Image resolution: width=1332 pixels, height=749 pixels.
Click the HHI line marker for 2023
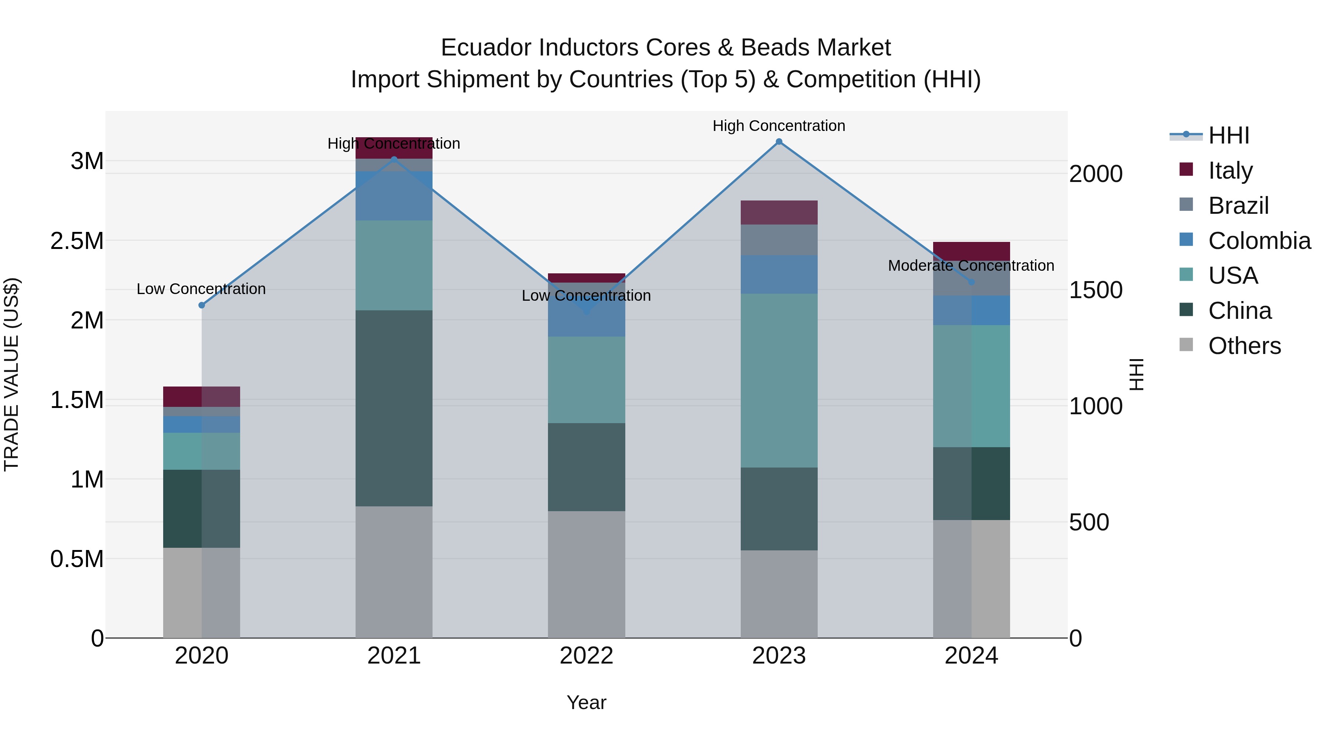click(779, 142)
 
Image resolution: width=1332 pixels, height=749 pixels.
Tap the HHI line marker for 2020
click(202, 305)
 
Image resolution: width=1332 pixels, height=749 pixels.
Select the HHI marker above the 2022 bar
click(586, 312)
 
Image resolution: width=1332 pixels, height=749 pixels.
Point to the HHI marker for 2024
click(971, 282)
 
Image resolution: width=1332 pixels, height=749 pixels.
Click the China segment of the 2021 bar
click(394, 408)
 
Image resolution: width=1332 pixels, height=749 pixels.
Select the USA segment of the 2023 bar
click(779, 381)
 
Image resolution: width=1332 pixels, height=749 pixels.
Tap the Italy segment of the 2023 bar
click(779, 212)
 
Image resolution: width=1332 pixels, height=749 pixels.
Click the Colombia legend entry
click(1259, 241)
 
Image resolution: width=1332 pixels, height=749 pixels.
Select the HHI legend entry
click(1228, 135)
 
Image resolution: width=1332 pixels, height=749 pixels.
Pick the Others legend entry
click(1244, 346)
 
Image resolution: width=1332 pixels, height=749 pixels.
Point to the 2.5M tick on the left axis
click(77, 241)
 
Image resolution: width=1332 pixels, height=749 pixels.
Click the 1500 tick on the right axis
click(1096, 290)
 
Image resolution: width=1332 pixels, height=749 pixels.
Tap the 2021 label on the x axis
click(394, 656)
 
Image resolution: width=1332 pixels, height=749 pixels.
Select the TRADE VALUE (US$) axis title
click(11, 374)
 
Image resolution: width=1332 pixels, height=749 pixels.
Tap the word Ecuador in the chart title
click(485, 48)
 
